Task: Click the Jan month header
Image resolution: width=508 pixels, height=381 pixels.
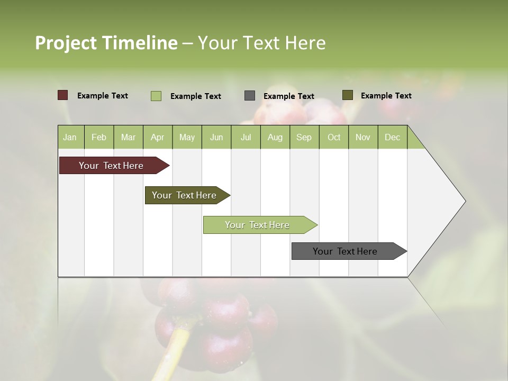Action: [x=70, y=137]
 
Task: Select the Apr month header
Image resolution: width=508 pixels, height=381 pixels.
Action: [x=158, y=137]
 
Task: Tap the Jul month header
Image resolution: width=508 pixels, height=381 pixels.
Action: [x=246, y=137]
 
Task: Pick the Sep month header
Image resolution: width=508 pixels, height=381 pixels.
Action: [x=304, y=137]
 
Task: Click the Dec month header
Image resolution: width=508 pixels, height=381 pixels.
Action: [x=392, y=137]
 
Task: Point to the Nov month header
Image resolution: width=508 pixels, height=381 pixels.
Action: [x=363, y=137]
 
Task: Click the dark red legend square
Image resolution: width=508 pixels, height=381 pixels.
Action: [x=63, y=95]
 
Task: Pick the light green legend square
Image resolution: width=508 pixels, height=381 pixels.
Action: [x=156, y=96]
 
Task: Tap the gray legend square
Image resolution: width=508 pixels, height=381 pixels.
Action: [x=250, y=96]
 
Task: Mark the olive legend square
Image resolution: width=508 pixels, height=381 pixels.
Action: [x=348, y=95]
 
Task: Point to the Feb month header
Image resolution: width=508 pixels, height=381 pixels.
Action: [x=99, y=137]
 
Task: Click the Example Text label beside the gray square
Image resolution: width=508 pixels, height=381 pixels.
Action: [x=289, y=96]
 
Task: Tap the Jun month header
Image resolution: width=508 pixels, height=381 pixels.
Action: [x=216, y=137]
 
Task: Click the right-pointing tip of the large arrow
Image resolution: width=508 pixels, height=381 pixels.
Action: [x=464, y=201]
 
